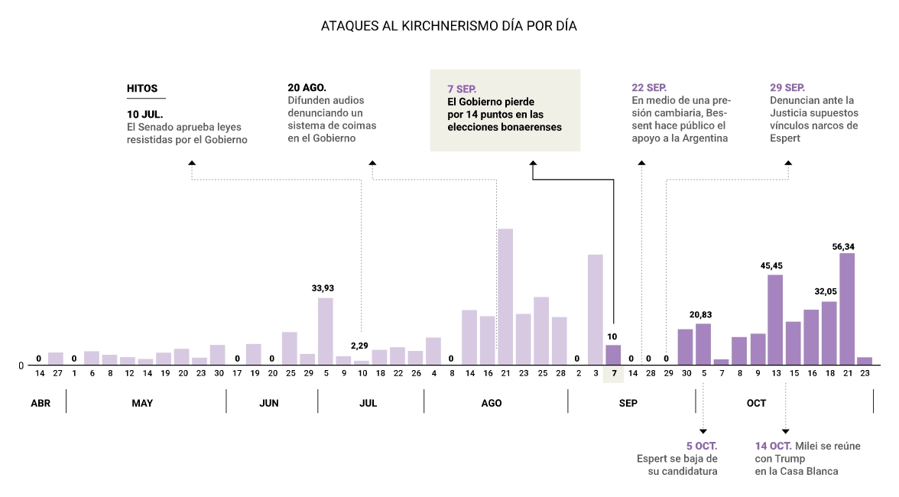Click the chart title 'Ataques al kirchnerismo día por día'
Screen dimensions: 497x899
coord(449,26)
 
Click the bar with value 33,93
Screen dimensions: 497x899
coord(326,331)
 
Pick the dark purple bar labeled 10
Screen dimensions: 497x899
coord(613,355)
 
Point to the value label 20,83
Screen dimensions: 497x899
coord(703,315)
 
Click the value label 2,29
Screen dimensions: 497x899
coord(361,346)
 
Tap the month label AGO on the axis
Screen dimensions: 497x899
coord(492,403)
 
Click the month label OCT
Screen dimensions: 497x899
coord(756,403)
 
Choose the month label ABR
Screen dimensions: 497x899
coord(41,403)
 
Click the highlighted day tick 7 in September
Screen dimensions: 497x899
coord(613,373)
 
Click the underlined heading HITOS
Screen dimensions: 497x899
coord(142,89)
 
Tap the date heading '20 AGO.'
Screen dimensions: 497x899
coord(307,88)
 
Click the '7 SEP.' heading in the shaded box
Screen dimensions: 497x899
coord(462,89)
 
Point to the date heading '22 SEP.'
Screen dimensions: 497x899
coord(649,88)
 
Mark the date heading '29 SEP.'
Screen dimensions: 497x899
coord(787,88)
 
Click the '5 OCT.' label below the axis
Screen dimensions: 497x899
coord(702,446)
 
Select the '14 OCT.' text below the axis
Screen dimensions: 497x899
coord(773,446)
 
